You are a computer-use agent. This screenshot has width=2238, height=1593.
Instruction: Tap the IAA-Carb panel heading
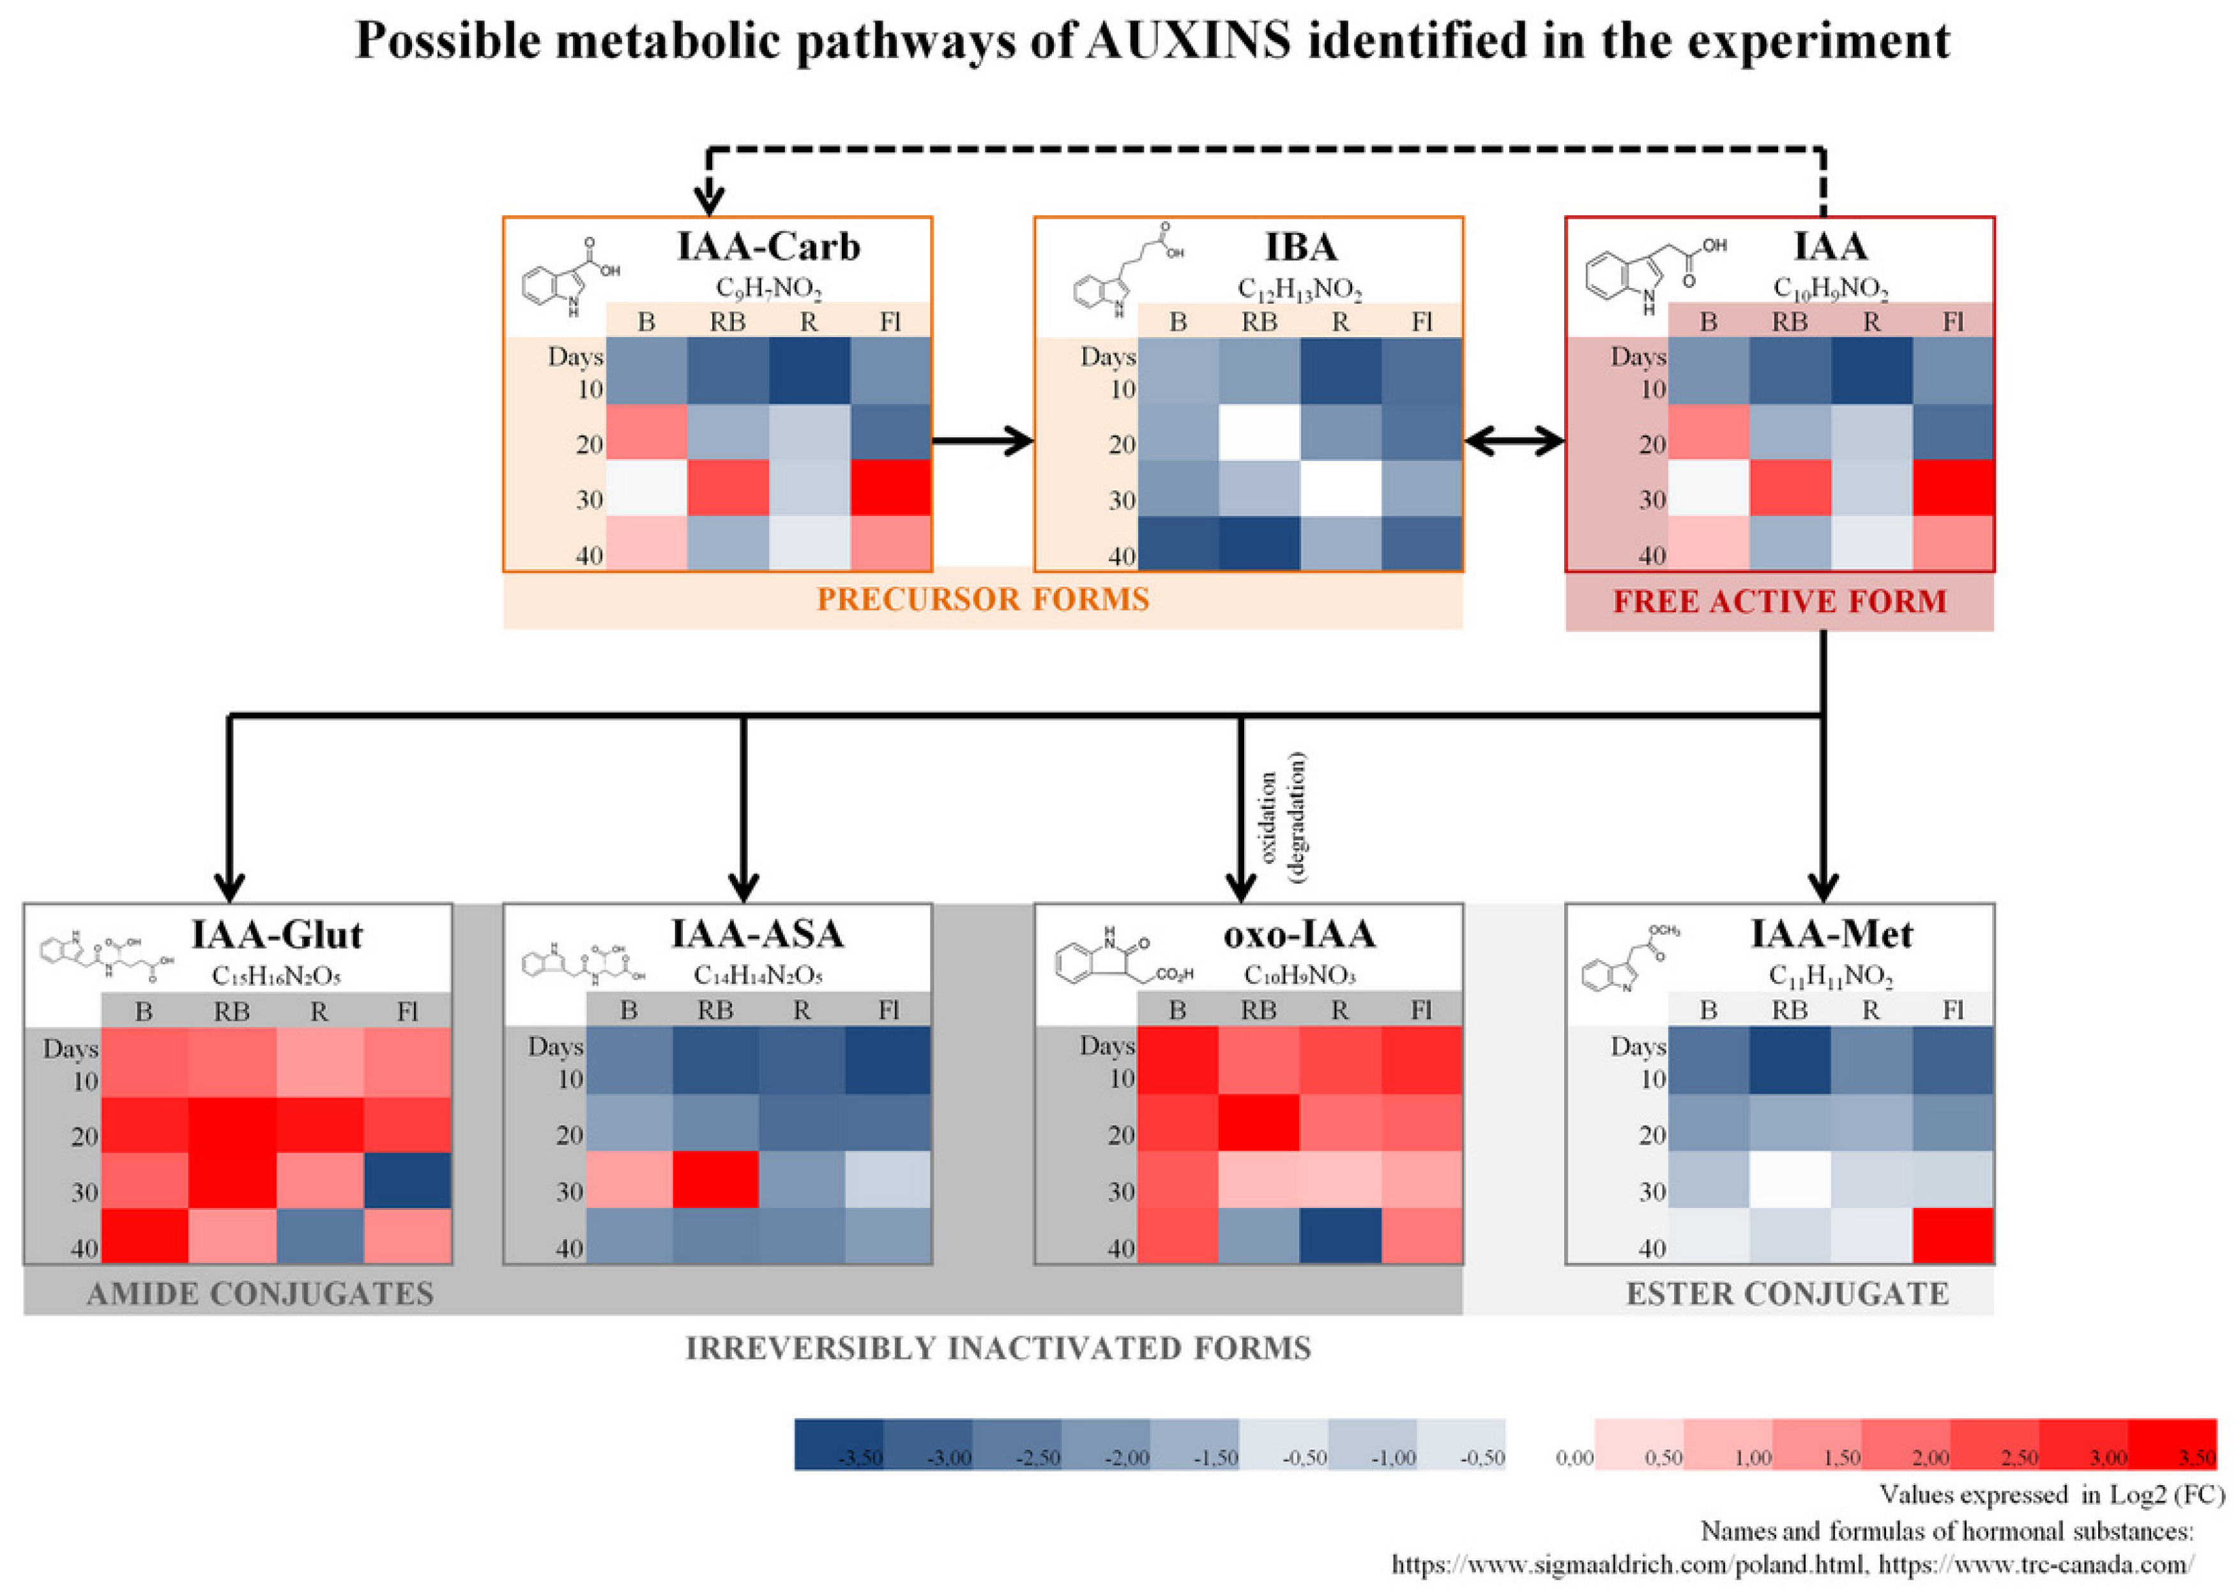(768, 246)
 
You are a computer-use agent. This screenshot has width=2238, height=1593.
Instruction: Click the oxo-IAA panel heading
(1299, 934)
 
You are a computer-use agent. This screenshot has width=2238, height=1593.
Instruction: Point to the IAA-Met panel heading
(1831, 934)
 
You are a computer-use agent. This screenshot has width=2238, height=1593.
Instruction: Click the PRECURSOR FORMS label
(983, 600)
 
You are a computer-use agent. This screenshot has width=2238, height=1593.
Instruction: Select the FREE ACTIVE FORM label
(1780, 601)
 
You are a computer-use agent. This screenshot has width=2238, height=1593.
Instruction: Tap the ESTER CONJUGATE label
(1786, 1294)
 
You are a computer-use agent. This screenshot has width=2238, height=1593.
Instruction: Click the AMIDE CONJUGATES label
(260, 1294)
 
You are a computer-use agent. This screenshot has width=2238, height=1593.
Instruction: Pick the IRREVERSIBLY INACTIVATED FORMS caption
(998, 1348)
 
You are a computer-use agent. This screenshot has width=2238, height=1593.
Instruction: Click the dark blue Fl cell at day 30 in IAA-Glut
(408, 1180)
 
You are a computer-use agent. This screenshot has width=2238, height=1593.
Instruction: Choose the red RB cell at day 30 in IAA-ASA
(715, 1180)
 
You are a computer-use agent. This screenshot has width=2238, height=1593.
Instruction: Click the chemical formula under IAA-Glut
(277, 976)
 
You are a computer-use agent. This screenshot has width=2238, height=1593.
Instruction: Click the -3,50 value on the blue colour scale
(860, 1458)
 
